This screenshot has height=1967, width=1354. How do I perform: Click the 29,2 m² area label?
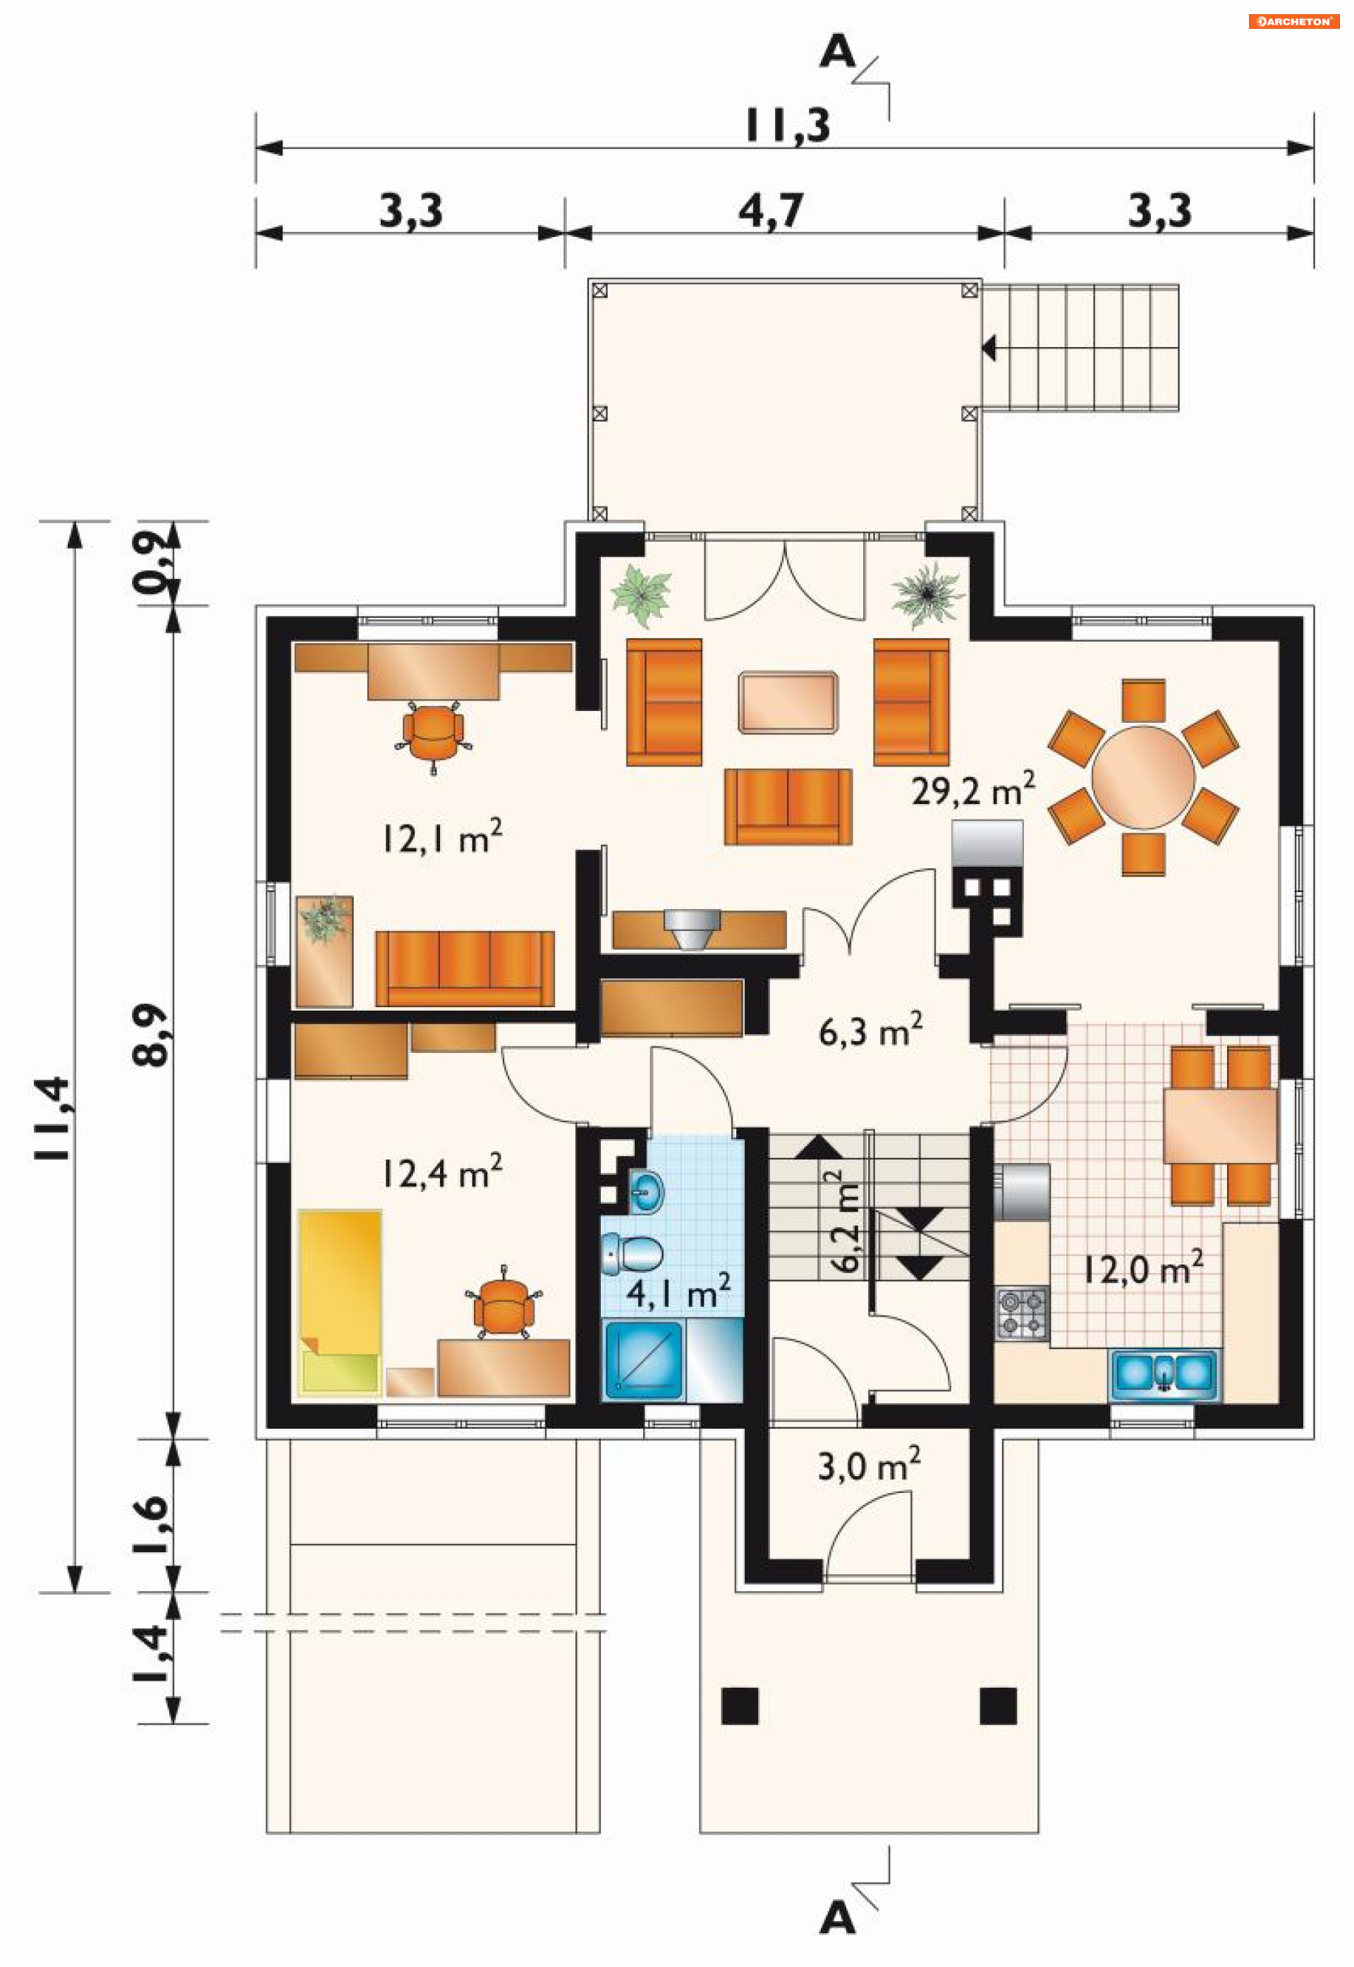tap(973, 788)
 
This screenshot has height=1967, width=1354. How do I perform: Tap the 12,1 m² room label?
tap(441, 837)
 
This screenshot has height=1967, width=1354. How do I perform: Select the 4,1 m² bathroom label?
tap(678, 1292)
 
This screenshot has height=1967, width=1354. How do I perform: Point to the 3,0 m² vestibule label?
tap(869, 1464)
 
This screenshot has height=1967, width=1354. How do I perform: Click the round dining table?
tap(1144, 777)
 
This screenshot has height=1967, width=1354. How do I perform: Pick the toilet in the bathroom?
tap(632, 1253)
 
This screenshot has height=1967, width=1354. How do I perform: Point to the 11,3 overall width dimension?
tap(787, 126)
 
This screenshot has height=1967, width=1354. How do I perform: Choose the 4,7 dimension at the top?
tap(770, 209)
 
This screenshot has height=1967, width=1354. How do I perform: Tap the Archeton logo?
tap(1293, 21)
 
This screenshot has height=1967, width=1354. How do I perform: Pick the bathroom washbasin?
tap(647, 1192)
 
